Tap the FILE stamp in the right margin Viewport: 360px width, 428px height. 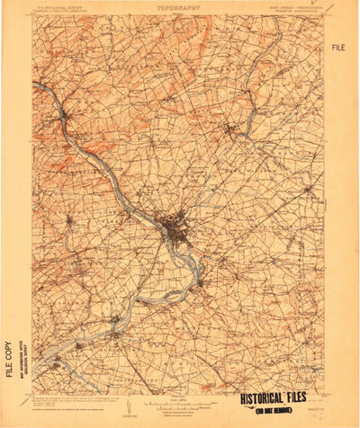coord(337,47)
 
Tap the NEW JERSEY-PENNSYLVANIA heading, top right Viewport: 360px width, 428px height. coord(292,8)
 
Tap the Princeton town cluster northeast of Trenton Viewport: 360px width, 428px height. coord(236,131)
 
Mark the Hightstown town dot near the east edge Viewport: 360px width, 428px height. coord(309,189)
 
